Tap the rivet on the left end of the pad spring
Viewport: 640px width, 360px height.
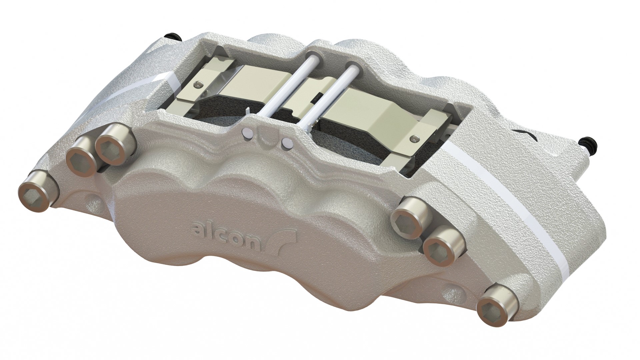(x=199, y=85)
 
